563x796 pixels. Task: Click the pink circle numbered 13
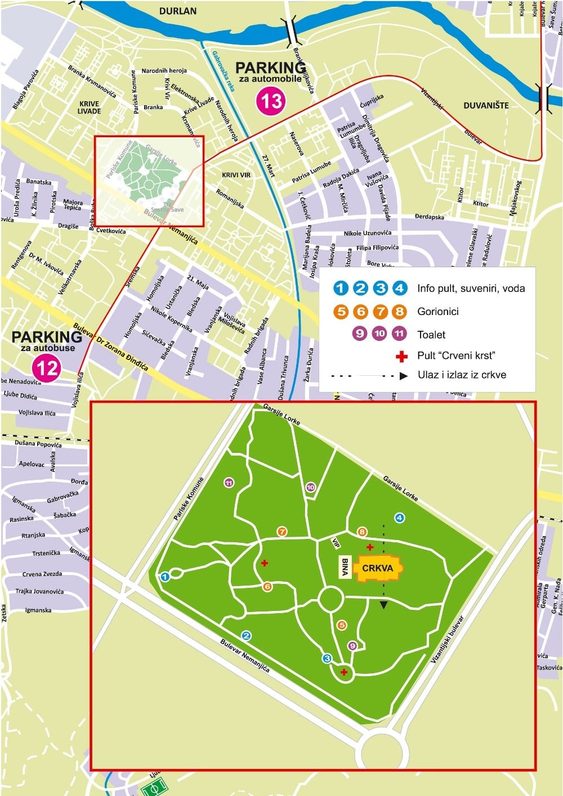271,101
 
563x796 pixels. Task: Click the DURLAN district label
178,11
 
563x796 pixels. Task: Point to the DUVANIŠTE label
486,105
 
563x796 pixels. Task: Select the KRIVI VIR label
236,175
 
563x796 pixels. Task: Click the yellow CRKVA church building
378,568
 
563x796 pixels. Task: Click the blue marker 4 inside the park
399,518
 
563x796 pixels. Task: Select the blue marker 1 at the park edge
165,577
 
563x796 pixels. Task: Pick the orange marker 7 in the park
282,532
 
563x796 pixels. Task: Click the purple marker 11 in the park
229,483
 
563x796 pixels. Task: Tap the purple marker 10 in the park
311,487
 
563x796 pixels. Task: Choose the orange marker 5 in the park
342,625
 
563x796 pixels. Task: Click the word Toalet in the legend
431,335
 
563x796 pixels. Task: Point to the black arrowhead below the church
384,605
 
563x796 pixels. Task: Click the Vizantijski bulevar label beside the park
448,639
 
